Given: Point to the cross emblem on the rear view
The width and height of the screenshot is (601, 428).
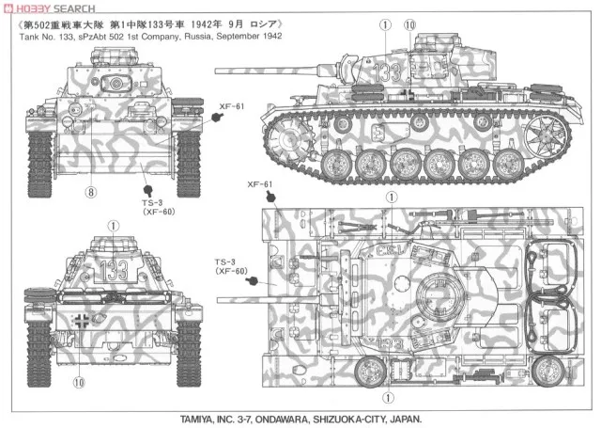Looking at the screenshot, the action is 83,323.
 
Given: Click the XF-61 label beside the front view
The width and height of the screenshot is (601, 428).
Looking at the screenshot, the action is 233,107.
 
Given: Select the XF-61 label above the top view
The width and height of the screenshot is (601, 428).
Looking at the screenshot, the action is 261,184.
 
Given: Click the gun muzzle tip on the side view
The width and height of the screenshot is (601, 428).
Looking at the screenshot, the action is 218,69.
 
